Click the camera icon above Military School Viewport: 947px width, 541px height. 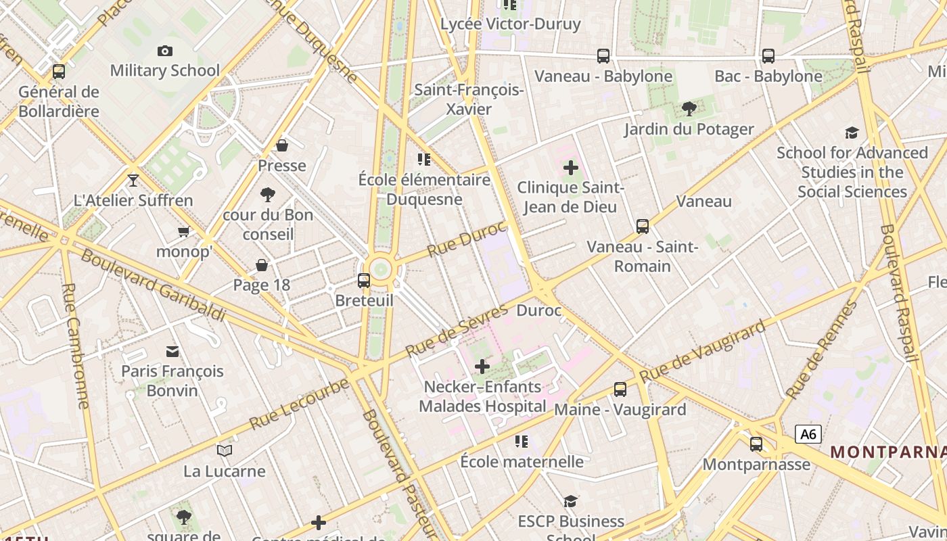point(164,51)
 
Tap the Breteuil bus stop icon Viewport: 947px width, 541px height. point(364,280)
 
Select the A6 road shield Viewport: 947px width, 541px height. point(808,433)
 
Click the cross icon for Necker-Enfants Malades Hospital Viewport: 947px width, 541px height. point(482,367)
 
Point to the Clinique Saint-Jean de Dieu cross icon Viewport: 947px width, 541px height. point(570,167)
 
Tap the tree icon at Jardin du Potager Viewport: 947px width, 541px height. point(689,108)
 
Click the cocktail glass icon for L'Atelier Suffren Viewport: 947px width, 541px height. point(133,180)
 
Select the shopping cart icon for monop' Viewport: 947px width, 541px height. point(183,232)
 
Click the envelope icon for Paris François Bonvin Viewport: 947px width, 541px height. point(172,351)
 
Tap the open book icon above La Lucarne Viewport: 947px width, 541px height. point(225,450)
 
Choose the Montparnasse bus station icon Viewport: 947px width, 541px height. point(756,444)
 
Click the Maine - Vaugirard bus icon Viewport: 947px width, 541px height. point(620,389)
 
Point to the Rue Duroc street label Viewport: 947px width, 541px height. point(467,239)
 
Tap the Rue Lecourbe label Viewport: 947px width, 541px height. point(299,404)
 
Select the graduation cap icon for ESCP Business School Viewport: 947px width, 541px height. point(571,501)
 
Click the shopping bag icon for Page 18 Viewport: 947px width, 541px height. point(261,265)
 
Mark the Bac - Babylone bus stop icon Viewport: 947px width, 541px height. point(768,56)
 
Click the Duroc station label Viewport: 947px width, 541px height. point(538,311)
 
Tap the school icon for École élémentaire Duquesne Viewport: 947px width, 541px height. point(424,160)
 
